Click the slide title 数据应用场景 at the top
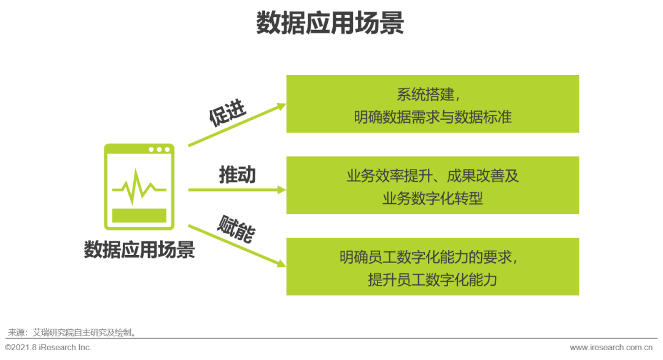(x=330, y=23)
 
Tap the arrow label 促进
(x=227, y=113)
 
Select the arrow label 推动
(x=237, y=175)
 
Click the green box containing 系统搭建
(x=432, y=104)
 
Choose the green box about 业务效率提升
(x=432, y=185)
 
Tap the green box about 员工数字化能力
(x=432, y=267)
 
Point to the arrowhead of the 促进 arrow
(x=282, y=106)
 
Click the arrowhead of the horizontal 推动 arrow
(x=282, y=189)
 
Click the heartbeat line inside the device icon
(x=139, y=187)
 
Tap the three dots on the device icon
(x=159, y=149)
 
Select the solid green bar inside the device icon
(x=139, y=215)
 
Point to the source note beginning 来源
(x=71, y=332)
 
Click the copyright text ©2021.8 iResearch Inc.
(x=48, y=348)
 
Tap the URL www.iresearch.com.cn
(x=615, y=348)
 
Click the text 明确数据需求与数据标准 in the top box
(x=432, y=117)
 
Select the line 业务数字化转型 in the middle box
(x=432, y=198)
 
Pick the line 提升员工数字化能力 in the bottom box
(x=432, y=280)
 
